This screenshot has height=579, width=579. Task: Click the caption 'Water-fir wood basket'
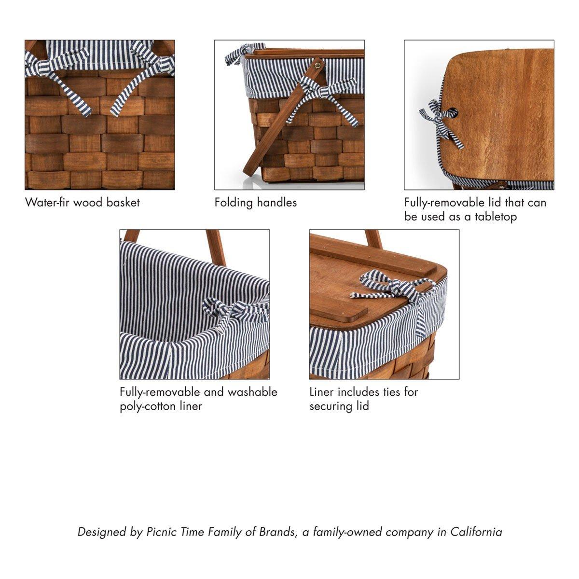pyautogui.click(x=83, y=202)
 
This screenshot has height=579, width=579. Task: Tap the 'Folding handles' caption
pyautogui.click(x=255, y=203)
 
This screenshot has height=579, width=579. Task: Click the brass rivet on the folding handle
pyautogui.click(x=319, y=65)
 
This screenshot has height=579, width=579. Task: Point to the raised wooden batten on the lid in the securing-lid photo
pyautogui.click(x=372, y=254)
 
